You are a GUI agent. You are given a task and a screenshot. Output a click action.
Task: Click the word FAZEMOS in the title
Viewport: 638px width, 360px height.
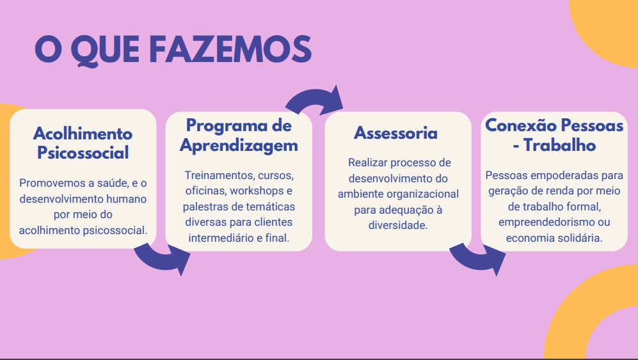pyautogui.click(x=230, y=49)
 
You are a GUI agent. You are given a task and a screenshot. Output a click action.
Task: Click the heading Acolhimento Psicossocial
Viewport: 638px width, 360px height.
pyautogui.click(x=83, y=143)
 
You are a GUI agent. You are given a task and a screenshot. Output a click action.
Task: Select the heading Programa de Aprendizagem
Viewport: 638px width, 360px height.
pyautogui.click(x=239, y=136)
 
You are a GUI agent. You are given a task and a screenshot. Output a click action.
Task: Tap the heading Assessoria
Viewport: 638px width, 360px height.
pyautogui.click(x=396, y=133)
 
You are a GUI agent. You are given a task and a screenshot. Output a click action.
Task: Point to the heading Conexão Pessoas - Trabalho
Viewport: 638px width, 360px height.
pyautogui.click(x=554, y=135)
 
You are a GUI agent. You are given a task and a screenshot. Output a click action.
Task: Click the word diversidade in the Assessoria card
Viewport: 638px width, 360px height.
pyautogui.click(x=398, y=225)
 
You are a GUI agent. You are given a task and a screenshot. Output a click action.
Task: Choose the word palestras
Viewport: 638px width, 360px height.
pyautogui.click(x=205, y=207)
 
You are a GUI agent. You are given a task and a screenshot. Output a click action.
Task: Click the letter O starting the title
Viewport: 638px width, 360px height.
pyautogui.click(x=49, y=49)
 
